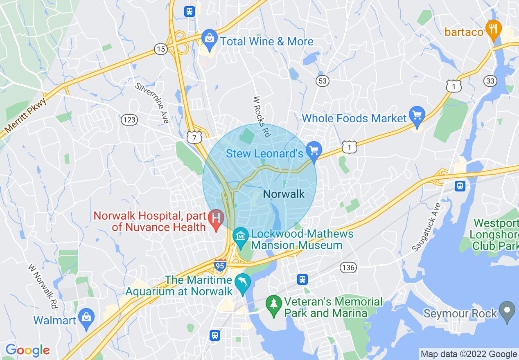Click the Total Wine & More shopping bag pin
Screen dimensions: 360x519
pos(209,39)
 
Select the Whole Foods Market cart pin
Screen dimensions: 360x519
pos(417,116)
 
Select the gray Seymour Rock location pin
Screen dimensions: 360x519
pos(508,311)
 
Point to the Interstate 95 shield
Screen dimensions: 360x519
pos(220,265)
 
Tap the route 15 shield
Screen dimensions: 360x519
pos(161,49)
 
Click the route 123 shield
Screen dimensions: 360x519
pos(129,120)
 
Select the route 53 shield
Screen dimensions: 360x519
pos(323,81)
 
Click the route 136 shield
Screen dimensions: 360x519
pos(348,268)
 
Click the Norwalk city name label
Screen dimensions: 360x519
pos(284,194)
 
